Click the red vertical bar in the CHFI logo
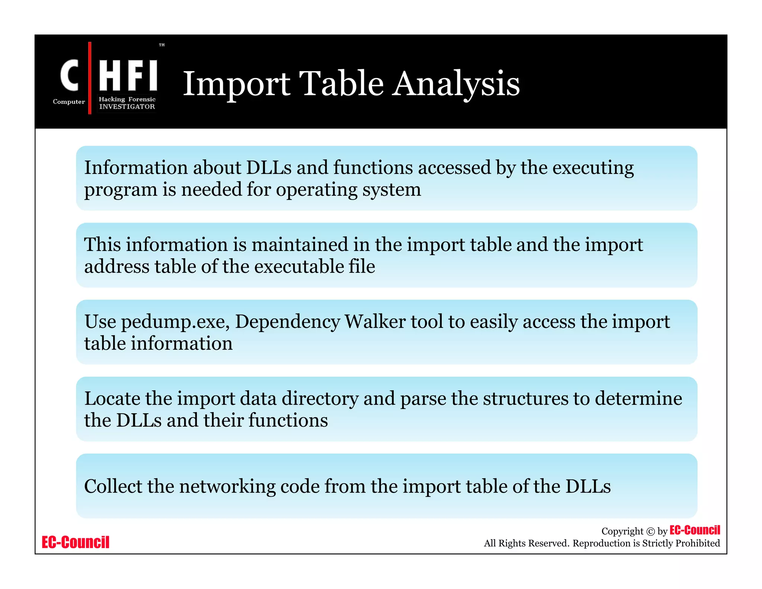(90, 78)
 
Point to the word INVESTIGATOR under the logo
(127, 107)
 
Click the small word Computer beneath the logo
(69, 102)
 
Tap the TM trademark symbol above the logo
(162, 45)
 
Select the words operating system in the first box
(348, 190)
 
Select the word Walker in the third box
(375, 322)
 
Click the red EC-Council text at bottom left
(76, 542)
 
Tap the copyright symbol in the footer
(650, 532)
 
